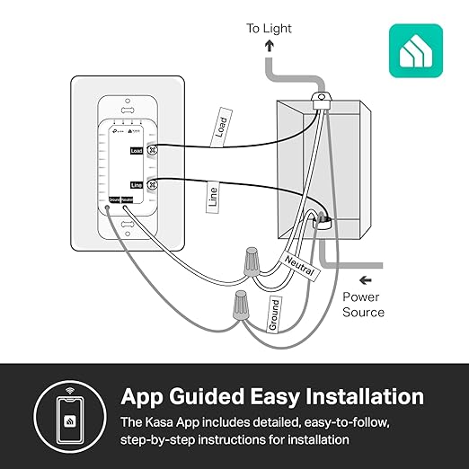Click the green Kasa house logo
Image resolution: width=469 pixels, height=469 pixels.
[x=415, y=50]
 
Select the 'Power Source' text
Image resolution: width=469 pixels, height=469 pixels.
[x=363, y=305]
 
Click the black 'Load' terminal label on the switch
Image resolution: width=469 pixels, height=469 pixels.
[x=137, y=151]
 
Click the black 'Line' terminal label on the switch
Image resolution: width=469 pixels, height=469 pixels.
[x=137, y=184]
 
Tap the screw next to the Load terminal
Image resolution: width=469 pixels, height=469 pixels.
[x=152, y=151]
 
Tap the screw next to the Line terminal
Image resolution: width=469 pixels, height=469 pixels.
[x=152, y=184]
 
